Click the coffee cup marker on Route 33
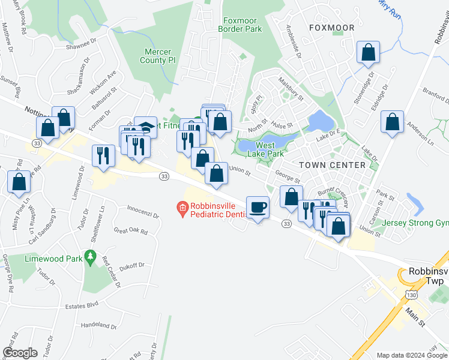point(258,208)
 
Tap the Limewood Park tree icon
point(91,258)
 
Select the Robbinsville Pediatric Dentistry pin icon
point(183,209)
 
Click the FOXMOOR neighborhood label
point(331,28)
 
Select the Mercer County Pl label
point(157,56)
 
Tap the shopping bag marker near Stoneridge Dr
point(368,53)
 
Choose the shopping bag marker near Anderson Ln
point(393,122)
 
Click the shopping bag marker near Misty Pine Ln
point(19,182)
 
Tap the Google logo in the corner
point(20,353)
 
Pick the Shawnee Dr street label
point(81,43)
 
